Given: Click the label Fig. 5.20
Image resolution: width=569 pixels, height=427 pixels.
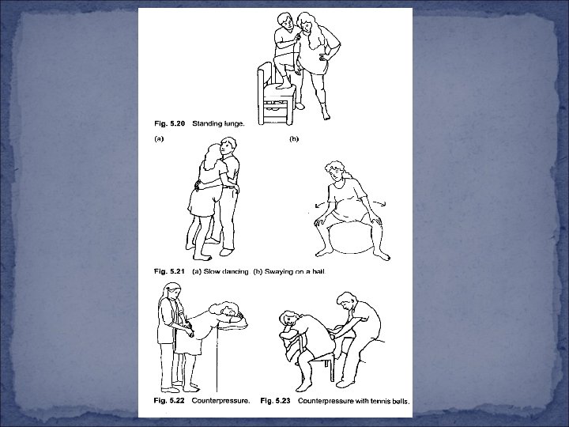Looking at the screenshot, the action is click(x=169, y=124).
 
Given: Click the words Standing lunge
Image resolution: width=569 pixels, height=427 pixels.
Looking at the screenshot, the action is click(x=218, y=124).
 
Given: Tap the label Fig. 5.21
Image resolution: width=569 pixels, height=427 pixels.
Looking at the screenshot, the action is click(x=169, y=271).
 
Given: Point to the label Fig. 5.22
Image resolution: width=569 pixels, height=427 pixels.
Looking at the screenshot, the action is click(x=169, y=401).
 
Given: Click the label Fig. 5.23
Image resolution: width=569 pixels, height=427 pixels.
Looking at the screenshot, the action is click(x=276, y=401).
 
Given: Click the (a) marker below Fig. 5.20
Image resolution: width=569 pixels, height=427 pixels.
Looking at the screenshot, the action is click(x=159, y=138).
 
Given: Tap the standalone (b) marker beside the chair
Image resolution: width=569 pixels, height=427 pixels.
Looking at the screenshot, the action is click(x=294, y=138).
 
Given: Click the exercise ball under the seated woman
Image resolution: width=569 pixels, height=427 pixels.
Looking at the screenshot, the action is click(x=351, y=238).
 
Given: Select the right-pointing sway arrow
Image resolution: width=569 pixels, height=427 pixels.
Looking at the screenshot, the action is click(x=379, y=203).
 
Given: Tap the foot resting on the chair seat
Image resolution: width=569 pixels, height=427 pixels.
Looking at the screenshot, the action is click(x=284, y=86).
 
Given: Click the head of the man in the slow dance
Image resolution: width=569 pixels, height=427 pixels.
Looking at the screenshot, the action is click(x=228, y=147).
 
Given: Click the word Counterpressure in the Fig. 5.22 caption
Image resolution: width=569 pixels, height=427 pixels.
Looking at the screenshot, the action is click(x=220, y=401).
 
